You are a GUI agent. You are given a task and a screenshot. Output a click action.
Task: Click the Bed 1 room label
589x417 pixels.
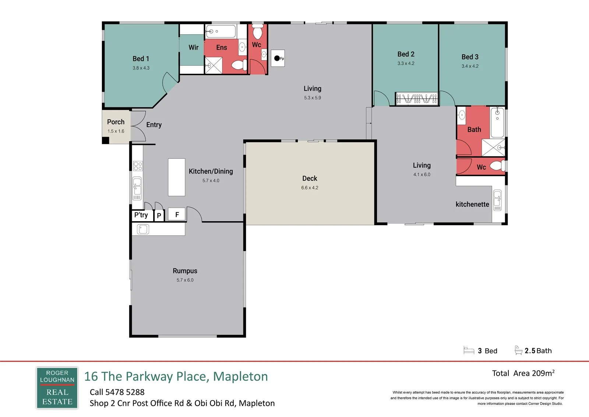point(141,59)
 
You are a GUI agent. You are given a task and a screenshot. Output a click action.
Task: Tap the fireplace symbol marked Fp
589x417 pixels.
point(278,58)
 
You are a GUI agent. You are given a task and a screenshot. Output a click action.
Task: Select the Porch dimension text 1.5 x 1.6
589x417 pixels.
point(116,131)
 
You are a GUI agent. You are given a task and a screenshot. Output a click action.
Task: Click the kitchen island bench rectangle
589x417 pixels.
point(176,177)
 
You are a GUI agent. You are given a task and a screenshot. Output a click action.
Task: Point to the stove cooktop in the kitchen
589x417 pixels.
point(138,166)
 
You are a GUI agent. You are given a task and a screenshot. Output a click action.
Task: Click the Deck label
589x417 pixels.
point(310,178)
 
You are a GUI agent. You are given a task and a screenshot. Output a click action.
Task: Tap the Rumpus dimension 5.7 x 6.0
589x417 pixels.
point(185,280)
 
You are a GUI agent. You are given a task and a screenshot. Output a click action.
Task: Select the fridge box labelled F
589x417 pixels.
point(177,215)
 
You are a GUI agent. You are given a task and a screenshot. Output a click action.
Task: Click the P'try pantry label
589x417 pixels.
point(141,215)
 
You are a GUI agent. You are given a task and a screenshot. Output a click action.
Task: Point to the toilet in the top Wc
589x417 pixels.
point(257,32)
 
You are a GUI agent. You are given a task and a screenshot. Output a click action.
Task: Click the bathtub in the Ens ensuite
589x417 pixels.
point(221,32)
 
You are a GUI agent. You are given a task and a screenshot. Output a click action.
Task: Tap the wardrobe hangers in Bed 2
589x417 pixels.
point(416,98)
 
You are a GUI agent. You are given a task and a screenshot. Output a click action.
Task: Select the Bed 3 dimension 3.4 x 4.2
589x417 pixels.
point(470,66)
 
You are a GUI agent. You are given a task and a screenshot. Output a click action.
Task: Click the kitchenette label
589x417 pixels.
point(472,204)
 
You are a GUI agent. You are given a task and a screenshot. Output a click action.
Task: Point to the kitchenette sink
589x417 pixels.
point(497,200)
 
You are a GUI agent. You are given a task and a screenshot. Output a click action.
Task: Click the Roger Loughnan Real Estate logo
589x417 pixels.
point(57,388)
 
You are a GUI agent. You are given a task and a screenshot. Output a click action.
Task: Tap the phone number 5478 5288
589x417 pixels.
point(125,392)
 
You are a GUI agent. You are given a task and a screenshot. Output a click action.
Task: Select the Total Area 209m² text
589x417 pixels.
point(523,373)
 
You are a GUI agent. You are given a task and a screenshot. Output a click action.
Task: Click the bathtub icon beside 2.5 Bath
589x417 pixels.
point(518,350)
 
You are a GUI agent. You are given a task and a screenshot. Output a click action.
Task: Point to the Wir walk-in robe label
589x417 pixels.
point(193,48)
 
